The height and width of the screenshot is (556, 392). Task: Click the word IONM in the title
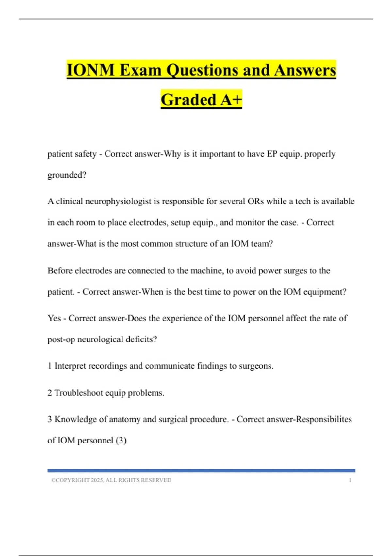pos(90,70)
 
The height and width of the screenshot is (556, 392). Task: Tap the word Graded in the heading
pos(188,99)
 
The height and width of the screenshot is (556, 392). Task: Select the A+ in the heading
pos(231,99)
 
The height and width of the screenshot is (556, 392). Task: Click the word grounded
pos(67,175)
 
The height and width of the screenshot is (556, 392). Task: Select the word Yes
pos(54,318)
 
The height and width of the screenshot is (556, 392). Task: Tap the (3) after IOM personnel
pos(121,441)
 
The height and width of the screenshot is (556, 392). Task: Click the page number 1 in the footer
pos(350,480)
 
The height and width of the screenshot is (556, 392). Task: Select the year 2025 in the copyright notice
pos(97,480)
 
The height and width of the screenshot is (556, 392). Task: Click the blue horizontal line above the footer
pos(201,471)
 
